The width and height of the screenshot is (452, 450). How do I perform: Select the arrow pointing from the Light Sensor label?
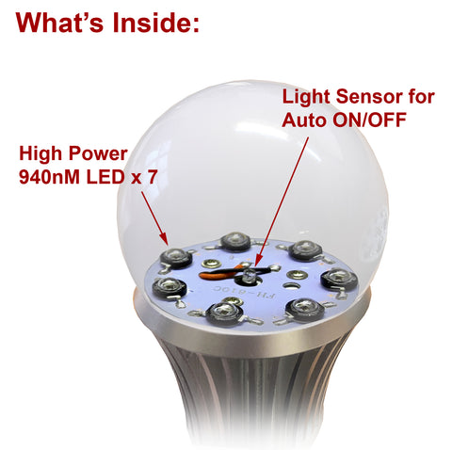pyautogui.click(x=279, y=198)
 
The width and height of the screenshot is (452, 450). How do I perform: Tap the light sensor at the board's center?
pyautogui.click(x=249, y=274)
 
